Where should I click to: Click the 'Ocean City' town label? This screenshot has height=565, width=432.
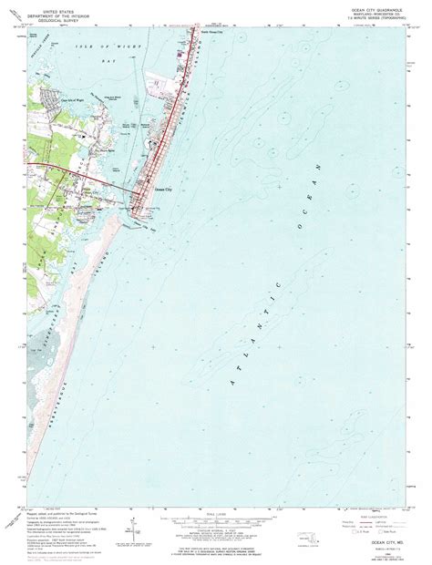165,189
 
